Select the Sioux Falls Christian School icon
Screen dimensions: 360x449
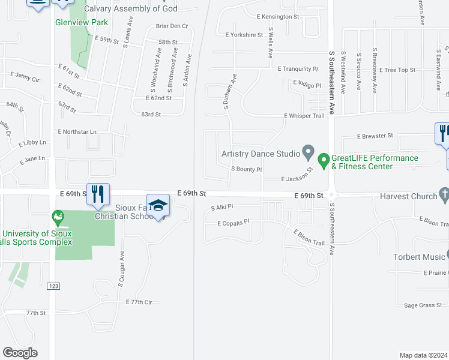click(158, 206)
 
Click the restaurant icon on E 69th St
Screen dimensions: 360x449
click(98, 194)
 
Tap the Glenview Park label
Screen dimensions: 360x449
click(80, 22)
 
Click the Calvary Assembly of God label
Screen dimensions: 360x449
click(131, 8)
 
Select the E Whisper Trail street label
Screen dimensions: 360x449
click(304, 116)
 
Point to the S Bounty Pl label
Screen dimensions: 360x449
click(247, 169)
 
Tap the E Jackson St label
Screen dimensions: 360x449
click(297, 176)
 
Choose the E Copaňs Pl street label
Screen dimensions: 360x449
click(233, 223)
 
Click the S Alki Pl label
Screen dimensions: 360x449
click(221, 207)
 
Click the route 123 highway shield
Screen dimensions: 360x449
click(53, 287)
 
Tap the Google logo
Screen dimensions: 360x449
click(20, 353)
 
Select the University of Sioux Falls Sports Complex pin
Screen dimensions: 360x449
click(58, 215)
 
